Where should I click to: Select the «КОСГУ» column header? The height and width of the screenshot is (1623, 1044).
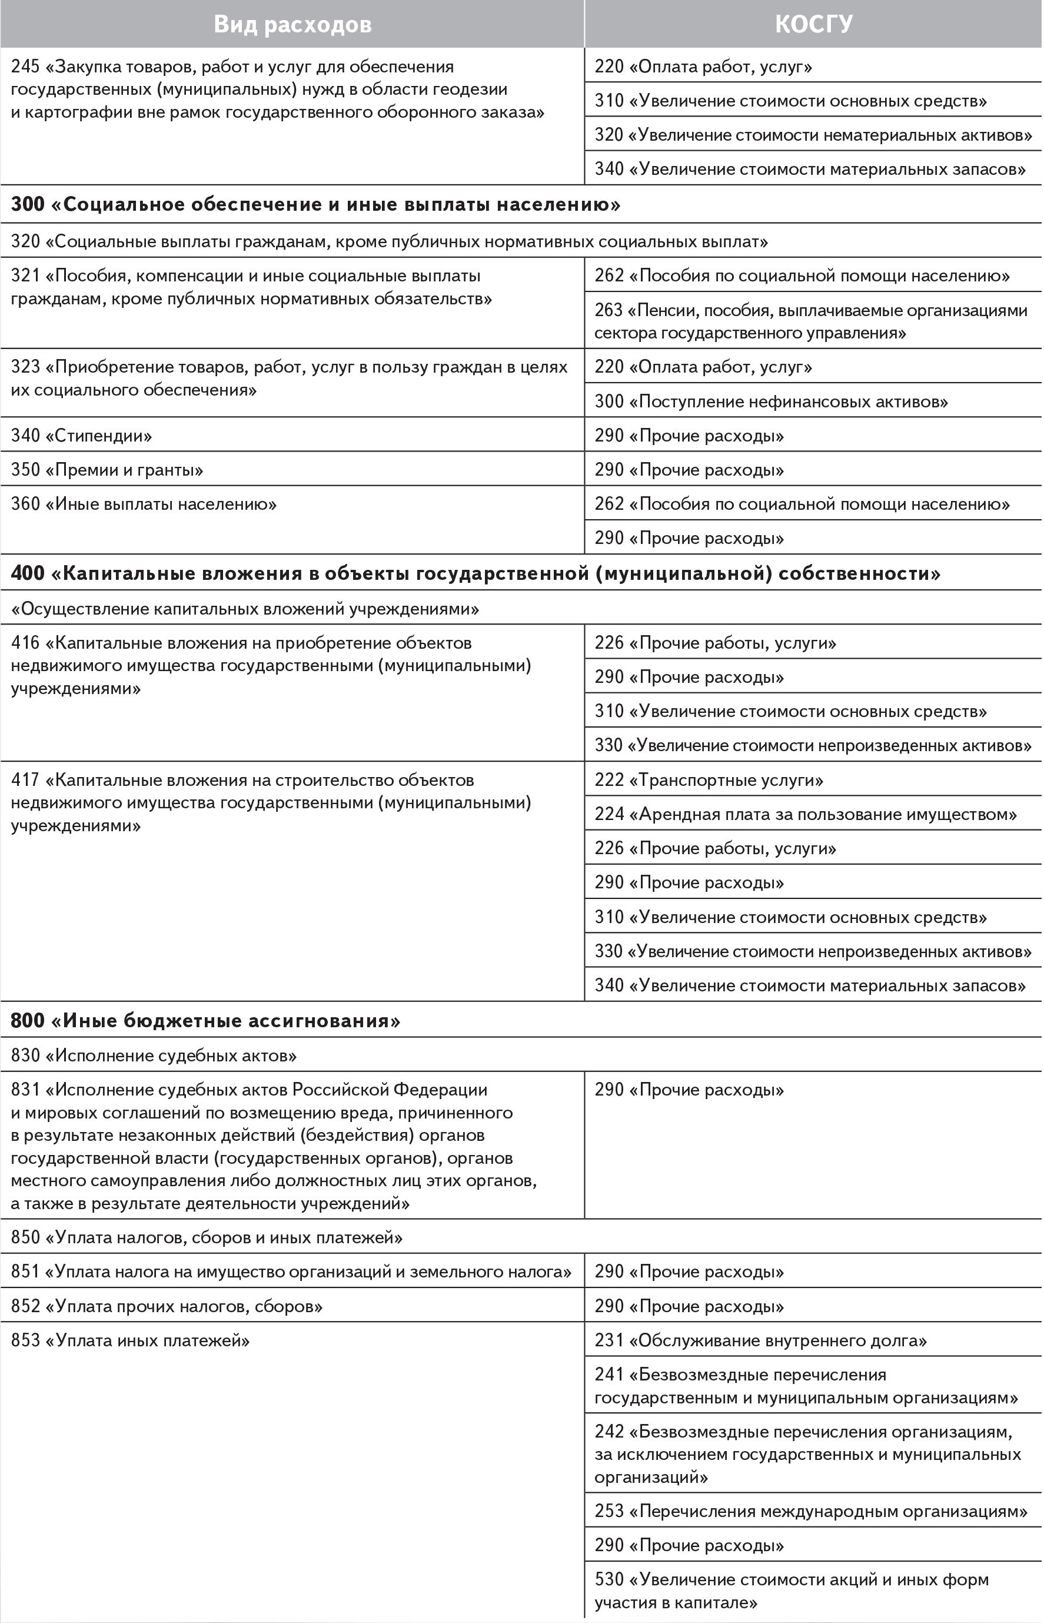tap(813, 24)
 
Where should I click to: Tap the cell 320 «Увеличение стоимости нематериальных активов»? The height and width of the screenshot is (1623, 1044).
tap(813, 135)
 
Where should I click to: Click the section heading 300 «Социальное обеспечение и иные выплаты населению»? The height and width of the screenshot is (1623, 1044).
tap(315, 205)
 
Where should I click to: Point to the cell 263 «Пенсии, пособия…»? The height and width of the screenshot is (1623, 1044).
tap(811, 321)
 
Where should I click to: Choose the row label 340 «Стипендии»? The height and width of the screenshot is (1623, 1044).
tap(81, 435)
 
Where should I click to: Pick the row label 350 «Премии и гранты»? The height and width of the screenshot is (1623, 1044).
tap(107, 470)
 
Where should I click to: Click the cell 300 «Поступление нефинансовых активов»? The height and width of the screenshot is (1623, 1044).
tap(771, 401)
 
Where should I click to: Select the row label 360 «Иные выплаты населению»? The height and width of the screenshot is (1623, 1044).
tap(144, 505)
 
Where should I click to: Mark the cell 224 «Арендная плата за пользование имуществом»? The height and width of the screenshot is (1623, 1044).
tap(806, 814)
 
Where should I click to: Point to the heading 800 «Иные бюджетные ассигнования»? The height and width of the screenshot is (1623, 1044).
tap(205, 1021)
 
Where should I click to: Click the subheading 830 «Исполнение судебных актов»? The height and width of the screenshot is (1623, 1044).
tap(154, 1056)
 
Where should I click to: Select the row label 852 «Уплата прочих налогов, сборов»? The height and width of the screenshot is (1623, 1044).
tap(167, 1306)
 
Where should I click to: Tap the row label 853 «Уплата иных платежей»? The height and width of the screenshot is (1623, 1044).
tap(130, 1341)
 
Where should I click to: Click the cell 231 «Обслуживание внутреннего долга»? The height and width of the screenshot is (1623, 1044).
tap(760, 1341)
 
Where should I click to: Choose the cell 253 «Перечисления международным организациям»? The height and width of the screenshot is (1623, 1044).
tap(811, 1511)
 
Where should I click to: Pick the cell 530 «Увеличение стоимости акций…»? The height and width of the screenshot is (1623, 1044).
tap(791, 1591)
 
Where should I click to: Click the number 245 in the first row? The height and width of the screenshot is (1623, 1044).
tap(25, 67)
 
